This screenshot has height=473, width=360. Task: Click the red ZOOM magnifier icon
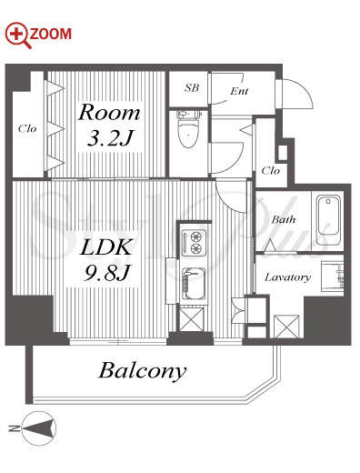(x=18, y=35)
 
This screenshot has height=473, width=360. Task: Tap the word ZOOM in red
(x=51, y=34)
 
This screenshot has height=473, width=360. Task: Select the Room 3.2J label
(x=109, y=125)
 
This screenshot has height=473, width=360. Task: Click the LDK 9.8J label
(x=106, y=260)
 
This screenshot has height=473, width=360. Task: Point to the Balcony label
(x=143, y=370)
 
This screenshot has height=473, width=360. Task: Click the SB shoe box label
(x=192, y=87)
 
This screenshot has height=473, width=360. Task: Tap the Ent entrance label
(x=239, y=91)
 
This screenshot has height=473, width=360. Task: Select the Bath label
(x=284, y=219)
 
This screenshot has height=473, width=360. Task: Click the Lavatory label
(x=287, y=277)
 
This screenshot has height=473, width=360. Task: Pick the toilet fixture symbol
(x=188, y=128)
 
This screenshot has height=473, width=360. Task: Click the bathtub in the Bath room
(x=328, y=219)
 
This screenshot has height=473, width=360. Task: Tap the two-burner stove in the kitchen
(x=194, y=243)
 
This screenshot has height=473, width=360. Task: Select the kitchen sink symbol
(x=194, y=284)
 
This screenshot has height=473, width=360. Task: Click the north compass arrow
(x=39, y=428)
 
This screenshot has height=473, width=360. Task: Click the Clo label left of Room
(x=27, y=128)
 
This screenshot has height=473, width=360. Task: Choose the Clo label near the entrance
(x=270, y=170)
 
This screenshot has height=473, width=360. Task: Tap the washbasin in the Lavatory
(x=333, y=276)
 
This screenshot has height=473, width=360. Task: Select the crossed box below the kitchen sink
(x=191, y=319)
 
